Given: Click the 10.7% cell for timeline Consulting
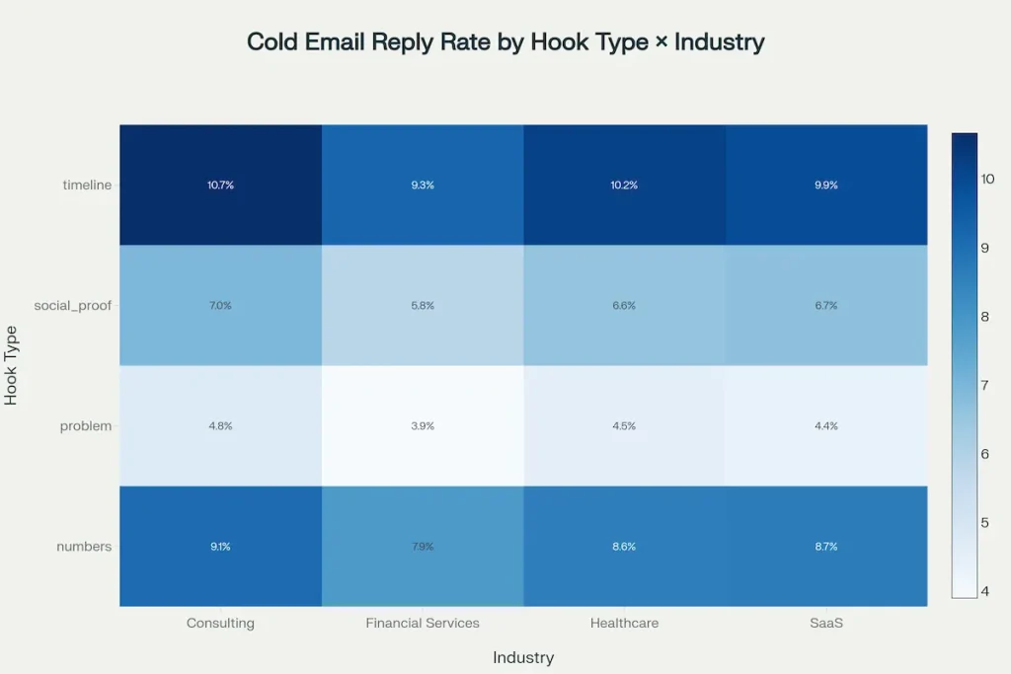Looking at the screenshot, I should [220, 186].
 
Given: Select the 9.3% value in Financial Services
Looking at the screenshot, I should [423, 186].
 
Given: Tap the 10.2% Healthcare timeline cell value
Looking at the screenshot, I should [624, 186].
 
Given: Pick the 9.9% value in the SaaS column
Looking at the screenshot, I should [825, 186].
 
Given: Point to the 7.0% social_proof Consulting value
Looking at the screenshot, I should [220, 306].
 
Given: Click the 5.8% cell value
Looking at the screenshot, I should [423, 306].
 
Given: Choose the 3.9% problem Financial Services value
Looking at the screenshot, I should [423, 426].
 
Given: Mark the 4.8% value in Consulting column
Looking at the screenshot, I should [220, 426].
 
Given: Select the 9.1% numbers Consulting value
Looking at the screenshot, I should [220, 547].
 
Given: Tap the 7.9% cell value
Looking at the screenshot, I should [423, 547].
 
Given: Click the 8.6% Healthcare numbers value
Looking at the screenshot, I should [624, 547].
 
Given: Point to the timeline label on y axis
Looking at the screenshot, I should [87, 186].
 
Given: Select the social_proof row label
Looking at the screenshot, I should [73, 306].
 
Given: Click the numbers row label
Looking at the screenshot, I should [85, 547].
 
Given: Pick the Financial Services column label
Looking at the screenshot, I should [423, 624].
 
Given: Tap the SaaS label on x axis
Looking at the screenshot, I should [825, 624].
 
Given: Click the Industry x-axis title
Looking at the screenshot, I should [523, 657].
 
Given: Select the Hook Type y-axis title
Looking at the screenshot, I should [12, 365].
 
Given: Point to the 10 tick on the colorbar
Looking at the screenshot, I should [987, 179].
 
